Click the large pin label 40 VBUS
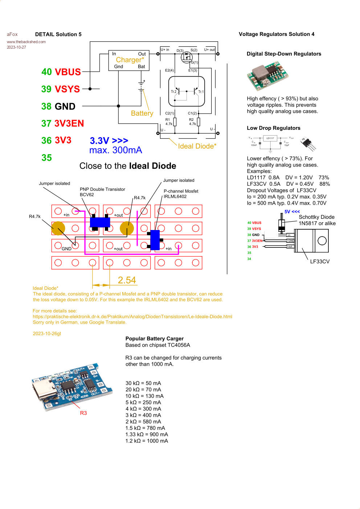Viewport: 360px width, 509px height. (x=61, y=72)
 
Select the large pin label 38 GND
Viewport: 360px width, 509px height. (x=58, y=106)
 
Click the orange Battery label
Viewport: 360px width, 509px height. (x=142, y=114)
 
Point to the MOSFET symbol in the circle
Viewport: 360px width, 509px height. (x=187, y=57)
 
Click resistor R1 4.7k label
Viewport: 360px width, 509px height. (x=169, y=122)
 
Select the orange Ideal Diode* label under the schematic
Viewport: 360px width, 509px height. (x=197, y=146)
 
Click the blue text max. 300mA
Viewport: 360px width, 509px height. (x=115, y=150)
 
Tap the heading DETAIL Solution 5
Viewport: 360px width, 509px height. (x=58, y=34)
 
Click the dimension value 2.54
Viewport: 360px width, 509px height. (x=127, y=280)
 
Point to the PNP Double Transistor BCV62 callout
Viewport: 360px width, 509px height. (x=102, y=192)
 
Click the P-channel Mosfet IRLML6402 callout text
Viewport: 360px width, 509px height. (x=181, y=194)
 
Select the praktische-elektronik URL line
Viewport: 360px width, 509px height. (x=132, y=317)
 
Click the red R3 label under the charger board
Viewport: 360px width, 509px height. (x=83, y=413)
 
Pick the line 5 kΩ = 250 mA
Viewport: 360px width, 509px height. (x=143, y=402)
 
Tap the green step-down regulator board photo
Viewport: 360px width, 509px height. (x=267, y=75)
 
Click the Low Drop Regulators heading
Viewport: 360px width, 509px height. (x=273, y=128)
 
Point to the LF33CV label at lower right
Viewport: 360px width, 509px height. (x=320, y=262)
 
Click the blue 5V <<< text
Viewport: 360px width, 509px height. (x=292, y=212)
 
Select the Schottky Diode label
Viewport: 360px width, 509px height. (x=316, y=217)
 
